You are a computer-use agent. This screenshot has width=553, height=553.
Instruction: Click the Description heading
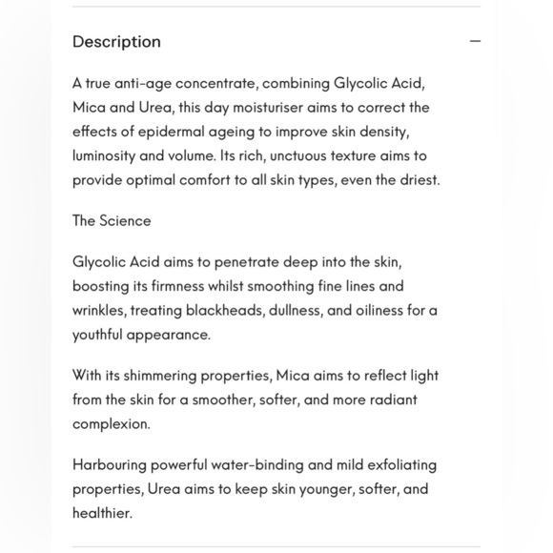point(116,42)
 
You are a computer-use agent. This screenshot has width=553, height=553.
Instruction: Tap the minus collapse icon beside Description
point(475,42)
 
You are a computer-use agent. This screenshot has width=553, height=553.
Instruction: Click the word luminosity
point(103,155)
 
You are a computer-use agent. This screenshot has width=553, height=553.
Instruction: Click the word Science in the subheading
point(125,220)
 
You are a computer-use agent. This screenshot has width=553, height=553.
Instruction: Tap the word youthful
point(99,334)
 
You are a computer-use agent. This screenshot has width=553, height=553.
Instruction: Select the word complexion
point(111,423)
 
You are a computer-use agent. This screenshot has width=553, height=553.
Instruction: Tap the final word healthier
point(102,513)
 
